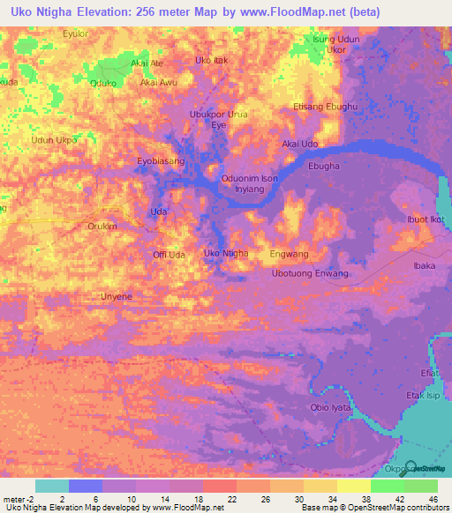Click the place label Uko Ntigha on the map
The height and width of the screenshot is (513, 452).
pyautogui.click(x=225, y=254)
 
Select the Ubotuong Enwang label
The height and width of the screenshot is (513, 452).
pyautogui.click(x=310, y=274)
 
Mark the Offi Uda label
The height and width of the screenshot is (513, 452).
pyautogui.click(x=169, y=255)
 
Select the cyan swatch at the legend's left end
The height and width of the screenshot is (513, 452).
pyautogui.click(x=51, y=486)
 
